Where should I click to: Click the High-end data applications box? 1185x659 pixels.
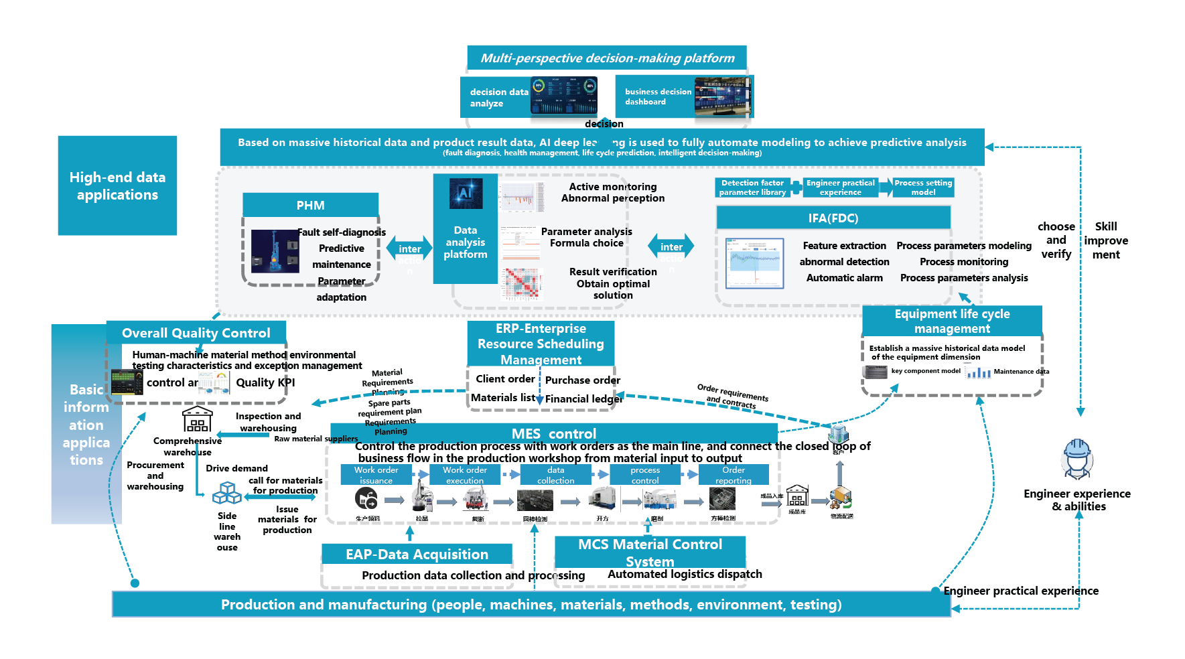pos(117,186)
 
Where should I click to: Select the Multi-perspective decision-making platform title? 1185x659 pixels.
pos(607,58)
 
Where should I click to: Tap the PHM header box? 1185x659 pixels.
pos(310,205)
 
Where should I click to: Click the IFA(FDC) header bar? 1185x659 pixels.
pos(833,218)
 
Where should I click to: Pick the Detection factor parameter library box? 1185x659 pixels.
pos(752,188)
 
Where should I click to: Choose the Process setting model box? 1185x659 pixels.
pos(922,188)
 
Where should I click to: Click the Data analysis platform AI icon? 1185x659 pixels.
pos(466,194)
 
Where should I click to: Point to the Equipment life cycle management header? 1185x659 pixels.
pos(952,321)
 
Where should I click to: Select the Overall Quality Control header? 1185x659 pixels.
pos(196,333)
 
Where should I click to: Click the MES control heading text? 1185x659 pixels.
pos(553,433)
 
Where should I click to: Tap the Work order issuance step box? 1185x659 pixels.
pos(376,475)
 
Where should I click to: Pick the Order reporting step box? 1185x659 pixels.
pos(733,475)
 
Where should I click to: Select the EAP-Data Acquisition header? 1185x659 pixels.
pos(417,554)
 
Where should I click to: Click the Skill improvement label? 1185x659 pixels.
pos(1105,240)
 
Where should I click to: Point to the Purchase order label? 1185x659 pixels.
pos(582,380)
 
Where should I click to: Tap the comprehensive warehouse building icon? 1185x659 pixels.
pos(197,419)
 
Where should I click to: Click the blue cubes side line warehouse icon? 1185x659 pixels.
pos(226,494)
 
